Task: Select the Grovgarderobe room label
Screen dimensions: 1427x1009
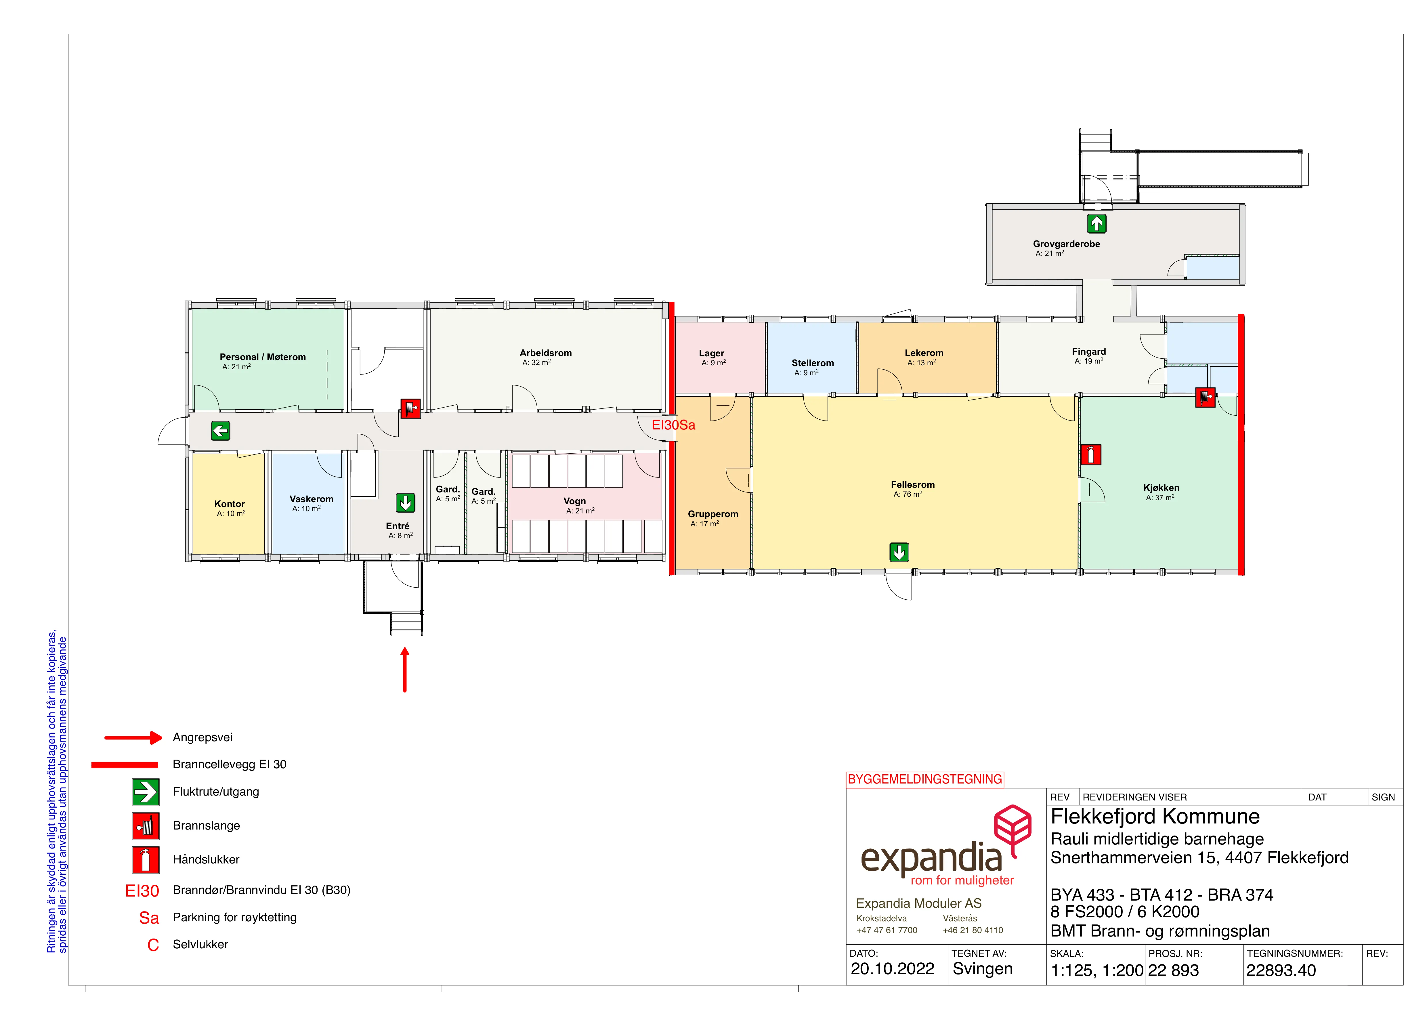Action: (1067, 244)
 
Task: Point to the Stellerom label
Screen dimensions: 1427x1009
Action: (812, 363)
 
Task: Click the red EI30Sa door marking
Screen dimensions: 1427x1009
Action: (673, 425)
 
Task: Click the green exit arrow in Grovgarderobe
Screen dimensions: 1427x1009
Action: (1096, 223)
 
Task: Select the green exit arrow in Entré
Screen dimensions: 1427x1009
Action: (406, 503)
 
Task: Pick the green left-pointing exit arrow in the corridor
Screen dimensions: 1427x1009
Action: (221, 431)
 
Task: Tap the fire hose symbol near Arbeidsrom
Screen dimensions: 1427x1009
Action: (410, 408)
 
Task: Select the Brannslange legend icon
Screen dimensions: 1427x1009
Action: (146, 826)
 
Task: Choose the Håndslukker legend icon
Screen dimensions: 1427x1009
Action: (146, 860)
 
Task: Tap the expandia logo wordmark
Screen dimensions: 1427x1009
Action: (931, 859)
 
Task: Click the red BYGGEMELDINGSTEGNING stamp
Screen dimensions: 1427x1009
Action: (925, 779)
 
